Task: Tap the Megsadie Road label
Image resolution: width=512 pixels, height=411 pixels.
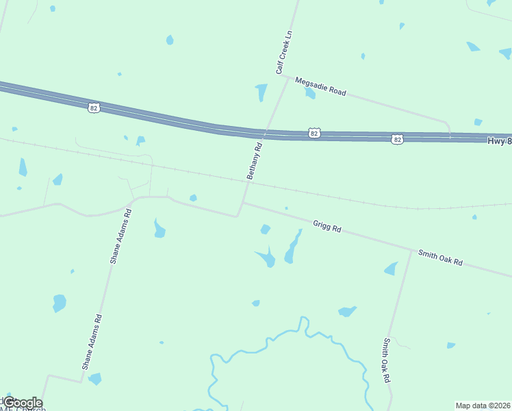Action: (x=320, y=86)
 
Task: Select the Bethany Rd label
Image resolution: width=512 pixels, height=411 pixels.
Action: (x=255, y=162)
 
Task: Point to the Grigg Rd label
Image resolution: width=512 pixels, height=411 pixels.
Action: (x=327, y=225)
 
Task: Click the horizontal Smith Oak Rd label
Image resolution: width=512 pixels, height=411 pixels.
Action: (x=441, y=258)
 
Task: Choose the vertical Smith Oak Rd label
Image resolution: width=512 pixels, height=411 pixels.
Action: (x=387, y=360)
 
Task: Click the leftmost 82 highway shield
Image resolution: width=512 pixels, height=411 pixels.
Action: (x=94, y=108)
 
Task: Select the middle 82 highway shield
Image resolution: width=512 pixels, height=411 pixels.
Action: (x=313, y=134)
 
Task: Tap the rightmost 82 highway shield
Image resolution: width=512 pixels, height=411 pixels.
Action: (x=398, y=139)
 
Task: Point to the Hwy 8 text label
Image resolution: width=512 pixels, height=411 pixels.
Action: (x=499, y=140)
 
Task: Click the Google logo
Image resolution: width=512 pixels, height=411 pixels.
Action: (x=23, y=403)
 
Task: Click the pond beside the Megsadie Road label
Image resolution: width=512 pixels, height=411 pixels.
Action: (x=310, y=93)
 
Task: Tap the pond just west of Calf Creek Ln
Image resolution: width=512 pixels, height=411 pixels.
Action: (x=261, y=92)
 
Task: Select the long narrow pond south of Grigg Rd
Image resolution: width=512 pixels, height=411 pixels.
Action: (x=293, y=247)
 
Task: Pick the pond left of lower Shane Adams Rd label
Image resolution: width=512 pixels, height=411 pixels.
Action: (x=60, y=302)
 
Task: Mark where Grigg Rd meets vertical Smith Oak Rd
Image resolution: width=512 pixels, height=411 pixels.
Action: (x=411, y=250)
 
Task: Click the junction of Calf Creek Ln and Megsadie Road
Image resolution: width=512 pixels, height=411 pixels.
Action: (x=287, y=77)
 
